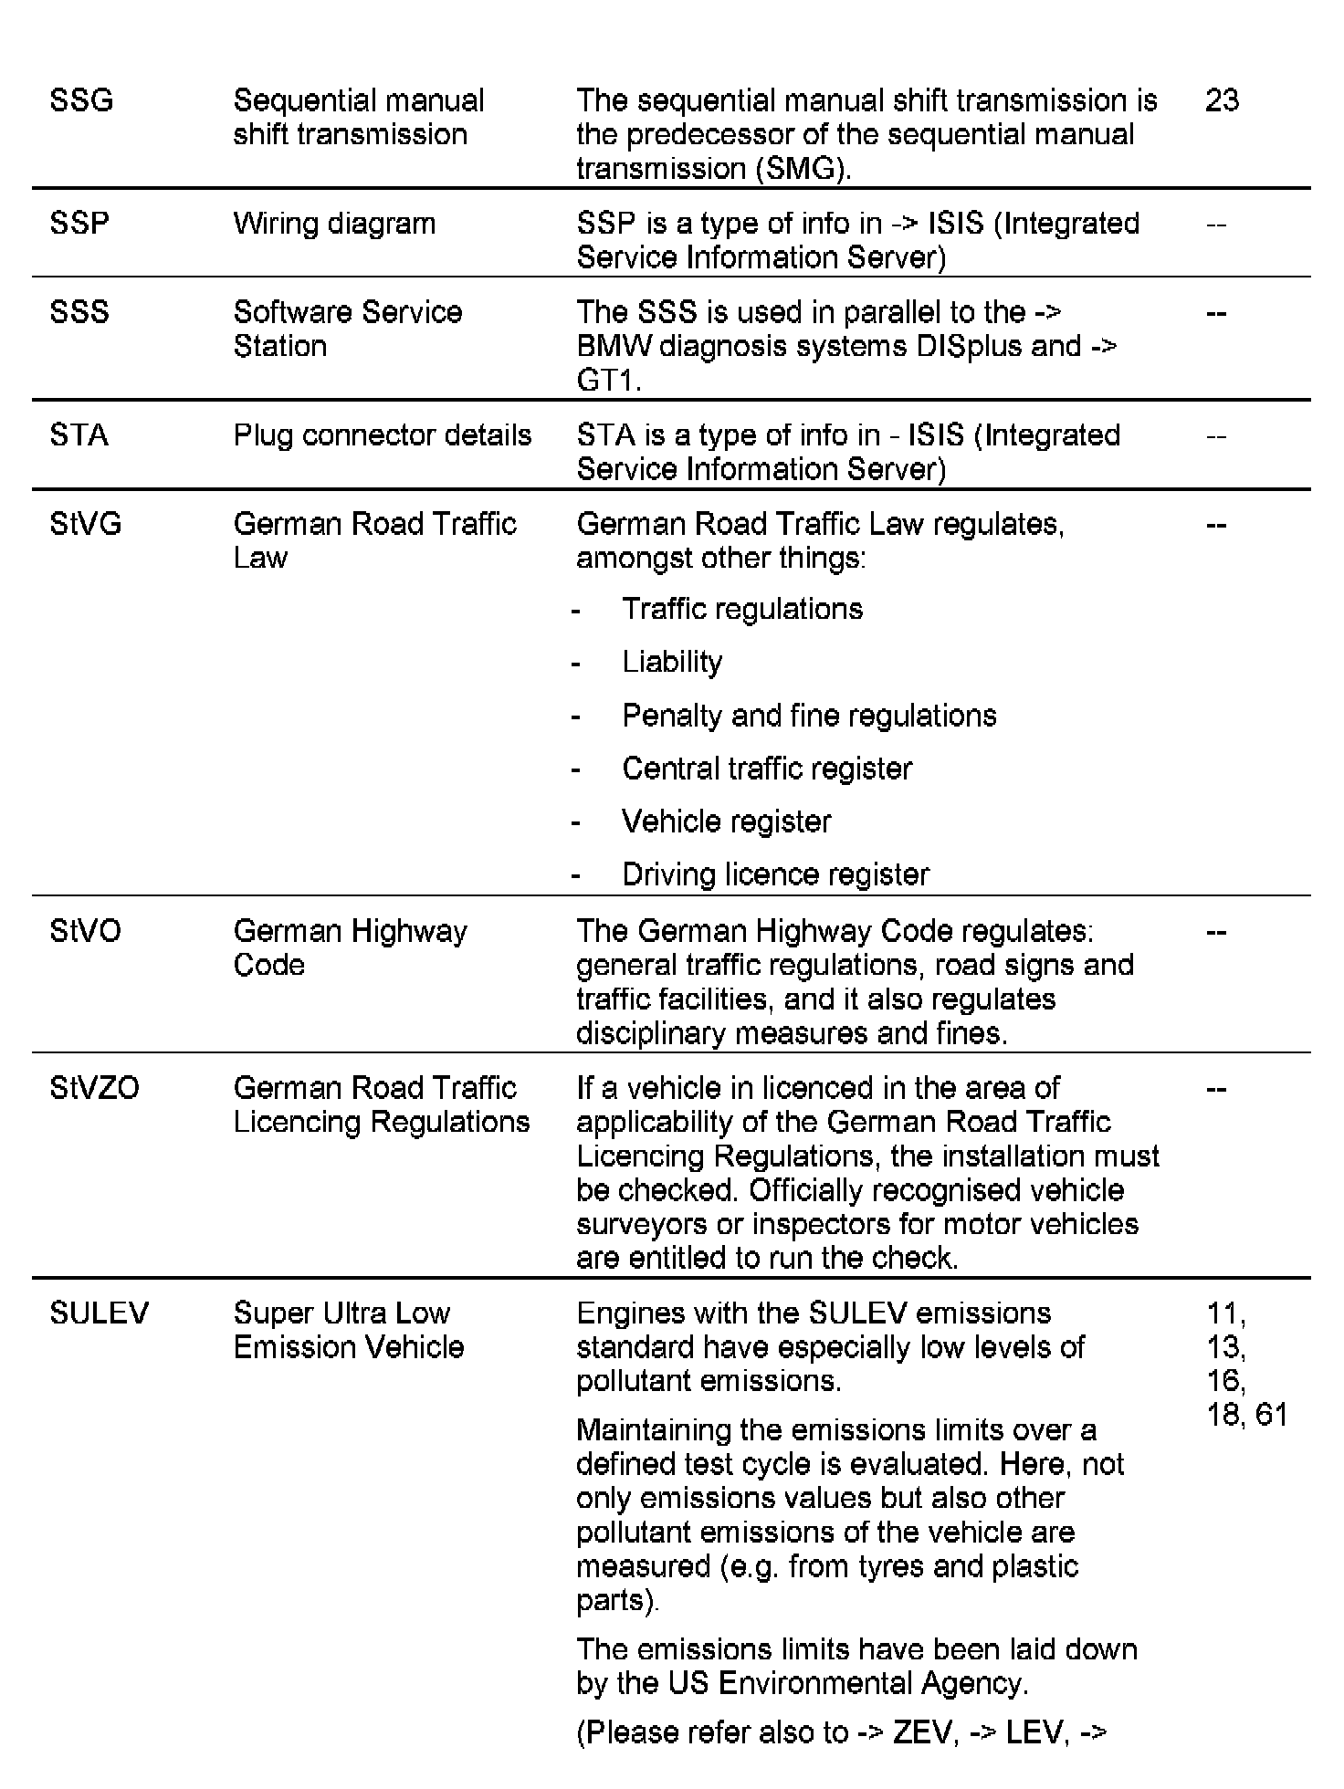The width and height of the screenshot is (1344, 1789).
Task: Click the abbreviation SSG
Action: point(81,99)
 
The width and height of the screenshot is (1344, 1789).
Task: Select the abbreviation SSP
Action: point(79,224)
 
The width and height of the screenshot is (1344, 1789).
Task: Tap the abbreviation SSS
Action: point(79,312)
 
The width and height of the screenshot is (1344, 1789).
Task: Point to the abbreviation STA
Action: point(79,435)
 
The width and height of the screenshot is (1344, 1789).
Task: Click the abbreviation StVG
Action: point(86,524)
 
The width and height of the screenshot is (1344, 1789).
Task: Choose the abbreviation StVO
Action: point(86,931)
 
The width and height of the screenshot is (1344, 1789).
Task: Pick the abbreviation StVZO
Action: point(95,1088)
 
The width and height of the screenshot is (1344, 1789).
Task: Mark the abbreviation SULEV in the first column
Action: point(100,1313)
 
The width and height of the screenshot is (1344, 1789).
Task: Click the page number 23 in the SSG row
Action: point(1222,99)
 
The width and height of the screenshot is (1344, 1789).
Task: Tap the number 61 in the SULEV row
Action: point(1271,1415)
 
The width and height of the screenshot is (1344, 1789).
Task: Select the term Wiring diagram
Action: point(334,224)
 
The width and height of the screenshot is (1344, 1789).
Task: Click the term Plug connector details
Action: point(383,435)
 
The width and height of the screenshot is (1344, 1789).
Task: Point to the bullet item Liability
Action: point(672,662)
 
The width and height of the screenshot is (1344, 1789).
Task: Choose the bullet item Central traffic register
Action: point(767,769)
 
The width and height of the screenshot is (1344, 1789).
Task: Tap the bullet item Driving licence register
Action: point(775,874)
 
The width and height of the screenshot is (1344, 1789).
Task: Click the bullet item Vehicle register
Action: point(727,821)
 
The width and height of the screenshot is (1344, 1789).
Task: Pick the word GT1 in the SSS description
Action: point(607,381)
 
